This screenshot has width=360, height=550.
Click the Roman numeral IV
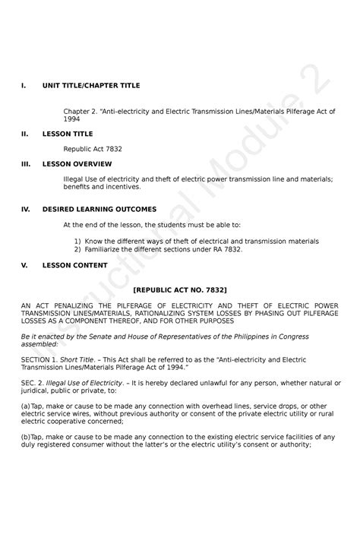coord(25,209)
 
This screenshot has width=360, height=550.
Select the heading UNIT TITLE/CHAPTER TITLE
coord(91,86)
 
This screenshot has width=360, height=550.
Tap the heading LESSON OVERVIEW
coord(77,163)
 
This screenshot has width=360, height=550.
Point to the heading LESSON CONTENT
coord(74,265)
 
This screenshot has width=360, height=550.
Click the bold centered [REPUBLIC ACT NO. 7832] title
coord(180,289)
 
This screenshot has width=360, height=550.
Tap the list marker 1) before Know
coord(77,241)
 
